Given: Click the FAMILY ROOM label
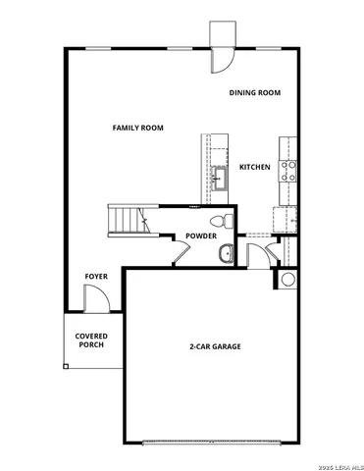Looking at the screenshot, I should click(x=137, y=128).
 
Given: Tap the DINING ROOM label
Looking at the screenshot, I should click(x=255, y=92).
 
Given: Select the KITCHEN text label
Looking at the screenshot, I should click(x=255, y=167).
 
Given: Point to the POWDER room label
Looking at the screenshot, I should click(x=201, y=236).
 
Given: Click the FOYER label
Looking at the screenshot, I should click(x=96, y=277).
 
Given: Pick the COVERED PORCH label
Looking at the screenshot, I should click(x=92, y=341).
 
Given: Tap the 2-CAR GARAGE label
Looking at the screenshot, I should click(x=215, y=346).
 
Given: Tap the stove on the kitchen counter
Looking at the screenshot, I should click(x=289, y=172).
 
